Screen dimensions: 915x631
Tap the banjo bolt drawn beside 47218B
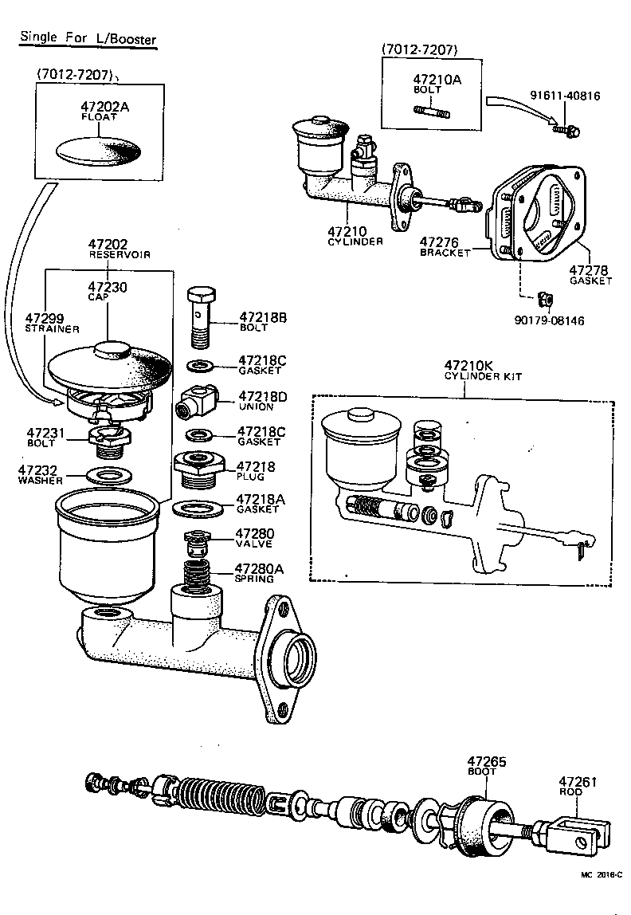click(x=203, y=313)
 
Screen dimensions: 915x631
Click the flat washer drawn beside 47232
click(x=108, y=476)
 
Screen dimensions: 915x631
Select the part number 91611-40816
click(x=565, y=96)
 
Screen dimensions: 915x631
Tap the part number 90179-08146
click(x=548, y=321)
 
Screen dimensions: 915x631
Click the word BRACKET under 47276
click(x=445, y=252)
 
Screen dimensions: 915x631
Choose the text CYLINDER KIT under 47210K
click(x=483, y=376)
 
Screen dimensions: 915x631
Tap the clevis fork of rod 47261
click(x=586, y=829)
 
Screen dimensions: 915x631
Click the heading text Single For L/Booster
click(x=88, y=37)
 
